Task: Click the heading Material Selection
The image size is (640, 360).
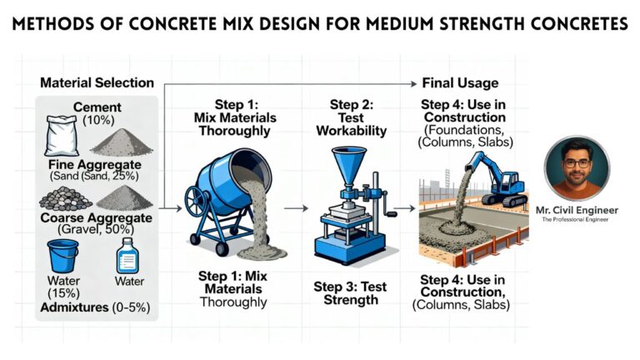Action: pyautogui.click(x=97, y=82)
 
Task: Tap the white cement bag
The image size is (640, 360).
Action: pyautogui.click(x=62, y=136)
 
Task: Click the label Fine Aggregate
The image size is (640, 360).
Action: pyautogui.click(x=97, y=164)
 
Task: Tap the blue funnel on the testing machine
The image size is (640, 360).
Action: pyautogui.click(x=350, y=164)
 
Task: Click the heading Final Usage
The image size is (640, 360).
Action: pyautogui.click(x=460, y=82)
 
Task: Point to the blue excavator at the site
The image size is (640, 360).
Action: pyautogui.click(x=505, y=184)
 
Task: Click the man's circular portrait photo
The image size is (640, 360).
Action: pyautogui.click(x=576, y=168)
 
